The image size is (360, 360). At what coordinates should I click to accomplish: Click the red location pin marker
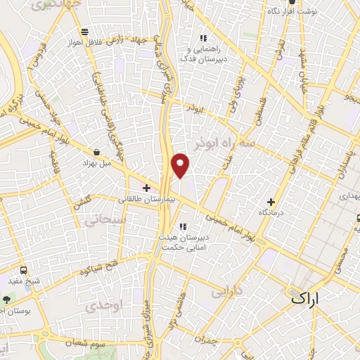[x=181, y=165]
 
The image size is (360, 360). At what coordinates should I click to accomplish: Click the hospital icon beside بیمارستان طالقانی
[x=146, y=188]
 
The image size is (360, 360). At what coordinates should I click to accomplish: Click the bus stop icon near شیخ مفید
[x=25, y=270]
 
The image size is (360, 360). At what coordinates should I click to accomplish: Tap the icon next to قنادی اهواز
[x=85, y=32]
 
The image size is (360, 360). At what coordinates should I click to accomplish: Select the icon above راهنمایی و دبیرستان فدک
[x=203, y=38]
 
